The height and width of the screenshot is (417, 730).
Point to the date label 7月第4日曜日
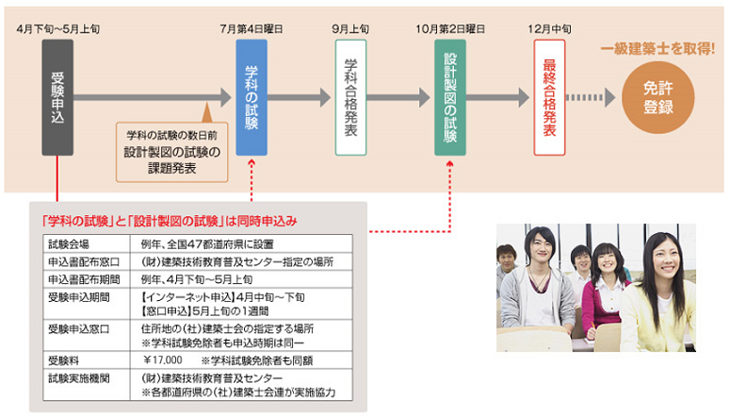click(251, 30)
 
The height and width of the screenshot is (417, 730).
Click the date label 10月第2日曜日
click(449, 30)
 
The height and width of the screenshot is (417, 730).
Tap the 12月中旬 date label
click(549, 30)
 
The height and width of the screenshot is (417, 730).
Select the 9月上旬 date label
click(351, 30)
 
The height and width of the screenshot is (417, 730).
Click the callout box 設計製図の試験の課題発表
click(172, 150)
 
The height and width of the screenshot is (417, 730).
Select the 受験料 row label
click(62, 359)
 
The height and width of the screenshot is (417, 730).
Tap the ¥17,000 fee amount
click(163, 359)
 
